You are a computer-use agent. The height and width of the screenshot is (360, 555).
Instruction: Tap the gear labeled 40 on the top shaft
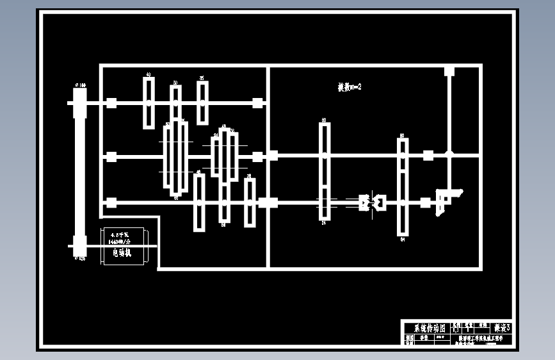click(x=149, y=102)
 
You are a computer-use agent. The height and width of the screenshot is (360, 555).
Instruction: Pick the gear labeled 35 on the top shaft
click(x=202, y=102)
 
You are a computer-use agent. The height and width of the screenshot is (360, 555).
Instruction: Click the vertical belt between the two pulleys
click(x=79, y=173)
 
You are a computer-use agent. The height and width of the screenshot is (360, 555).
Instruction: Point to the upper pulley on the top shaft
click(x=79, y=102)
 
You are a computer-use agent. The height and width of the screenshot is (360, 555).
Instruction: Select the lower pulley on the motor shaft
click(x=79, y=245)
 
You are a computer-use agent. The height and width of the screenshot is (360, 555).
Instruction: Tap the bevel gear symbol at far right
click(x=444, y=197)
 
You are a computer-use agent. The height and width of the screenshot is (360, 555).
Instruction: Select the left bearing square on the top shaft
click(x=111, y=102)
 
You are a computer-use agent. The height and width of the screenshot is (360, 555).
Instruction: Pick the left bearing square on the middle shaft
click(x=111, y=156)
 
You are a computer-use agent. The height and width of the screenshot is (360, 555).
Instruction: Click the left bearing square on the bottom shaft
click(x=111, y=202)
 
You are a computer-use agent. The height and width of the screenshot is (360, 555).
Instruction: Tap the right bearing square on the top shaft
click(x=257, y=102)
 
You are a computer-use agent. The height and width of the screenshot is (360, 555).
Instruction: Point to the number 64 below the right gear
click(x=403, y=240)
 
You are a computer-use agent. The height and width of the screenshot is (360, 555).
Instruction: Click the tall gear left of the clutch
click(x=325, y=172)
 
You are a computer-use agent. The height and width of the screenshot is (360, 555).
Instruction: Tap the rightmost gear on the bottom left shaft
click(x=250, y=202)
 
